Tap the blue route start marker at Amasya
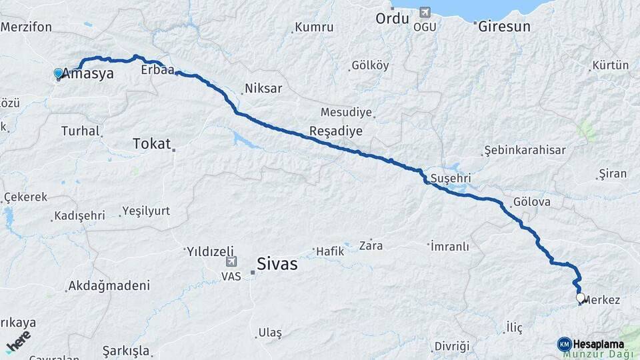pos(59,73)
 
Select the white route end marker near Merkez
pos(581,299)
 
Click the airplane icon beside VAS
pos(231,261)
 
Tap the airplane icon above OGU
pos(424,12)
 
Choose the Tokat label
pos(152,143)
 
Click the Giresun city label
pos(505,27)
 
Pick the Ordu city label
pos(391,18)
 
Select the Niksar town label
pos(263,89)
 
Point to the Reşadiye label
pos(335,131)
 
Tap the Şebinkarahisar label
pos(525,149)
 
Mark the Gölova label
pos(531,201)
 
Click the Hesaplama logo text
pos(594,344)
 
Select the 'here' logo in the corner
pos(18,341)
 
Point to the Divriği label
pos(452,346)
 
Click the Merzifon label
pos(31,27)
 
